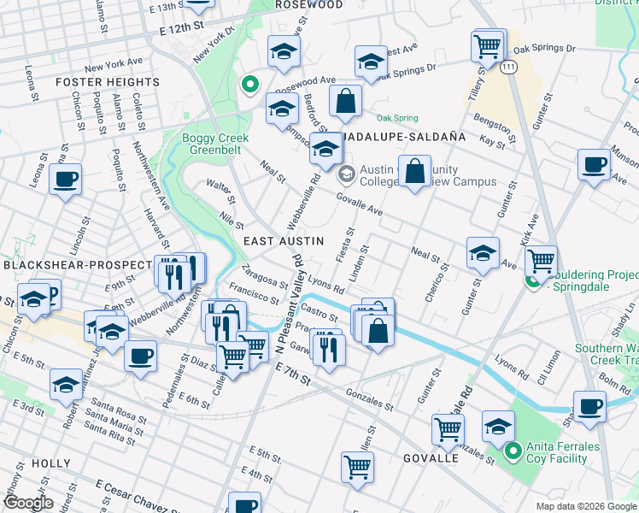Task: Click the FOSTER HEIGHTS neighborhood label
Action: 107,82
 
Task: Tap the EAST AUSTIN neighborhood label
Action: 284,241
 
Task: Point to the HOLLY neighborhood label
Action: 51,463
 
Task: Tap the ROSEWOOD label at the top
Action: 308,5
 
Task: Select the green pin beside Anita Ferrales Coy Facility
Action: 513,450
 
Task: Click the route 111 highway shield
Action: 509,66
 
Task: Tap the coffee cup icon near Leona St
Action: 65,180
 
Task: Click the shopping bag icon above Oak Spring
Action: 345,100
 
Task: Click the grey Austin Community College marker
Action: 346,175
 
